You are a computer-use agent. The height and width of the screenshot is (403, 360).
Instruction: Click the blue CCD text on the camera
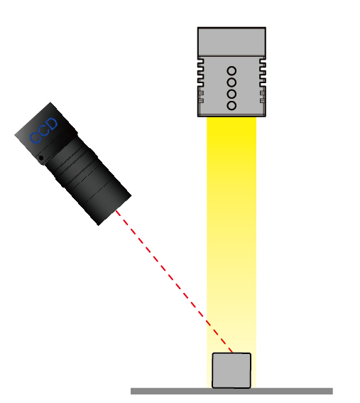pos(43,131)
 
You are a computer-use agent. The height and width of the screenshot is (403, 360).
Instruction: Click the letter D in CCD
pos(52,124)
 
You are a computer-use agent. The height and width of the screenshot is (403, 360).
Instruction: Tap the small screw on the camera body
pos(40,158)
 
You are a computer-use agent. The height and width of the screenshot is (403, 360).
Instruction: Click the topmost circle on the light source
pos(231,70)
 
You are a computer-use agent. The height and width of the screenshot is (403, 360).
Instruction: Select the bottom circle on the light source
pos(231,106)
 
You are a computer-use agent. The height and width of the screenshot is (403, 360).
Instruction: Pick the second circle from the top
pos(231,82)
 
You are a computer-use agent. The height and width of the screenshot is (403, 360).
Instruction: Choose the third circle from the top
pos(231,94)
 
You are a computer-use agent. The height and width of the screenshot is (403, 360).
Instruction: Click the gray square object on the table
pos(231,370)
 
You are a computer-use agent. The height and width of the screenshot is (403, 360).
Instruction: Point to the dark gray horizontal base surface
pos(231,391)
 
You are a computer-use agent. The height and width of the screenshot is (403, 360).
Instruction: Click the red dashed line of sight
pos(174,281)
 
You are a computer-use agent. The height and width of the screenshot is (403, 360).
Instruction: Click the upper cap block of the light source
pos(231,42)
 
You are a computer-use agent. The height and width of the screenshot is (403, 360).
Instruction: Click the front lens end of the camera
pos(114,210)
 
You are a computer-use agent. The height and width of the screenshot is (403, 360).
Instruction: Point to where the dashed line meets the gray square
pos(232,353)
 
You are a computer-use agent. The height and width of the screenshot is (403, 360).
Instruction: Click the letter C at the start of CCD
pos(36,138)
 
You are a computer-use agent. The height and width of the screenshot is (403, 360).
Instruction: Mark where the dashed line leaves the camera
pos(116,210)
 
